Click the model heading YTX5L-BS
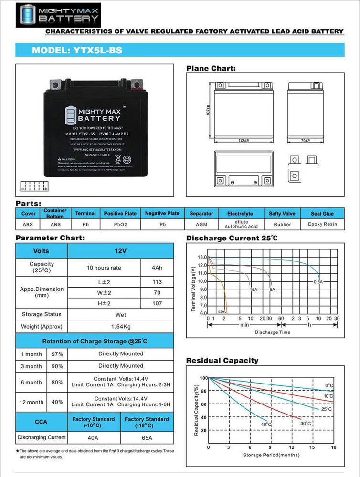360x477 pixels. point(74,50)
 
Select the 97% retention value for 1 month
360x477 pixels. point(57,354)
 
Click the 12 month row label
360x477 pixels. point(31,402)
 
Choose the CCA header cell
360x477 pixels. point(41,422)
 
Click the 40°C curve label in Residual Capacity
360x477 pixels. point(266,425)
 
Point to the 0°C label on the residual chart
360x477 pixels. point(329,385)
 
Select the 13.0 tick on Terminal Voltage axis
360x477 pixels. point(201,257)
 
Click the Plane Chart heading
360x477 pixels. point(211,69)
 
